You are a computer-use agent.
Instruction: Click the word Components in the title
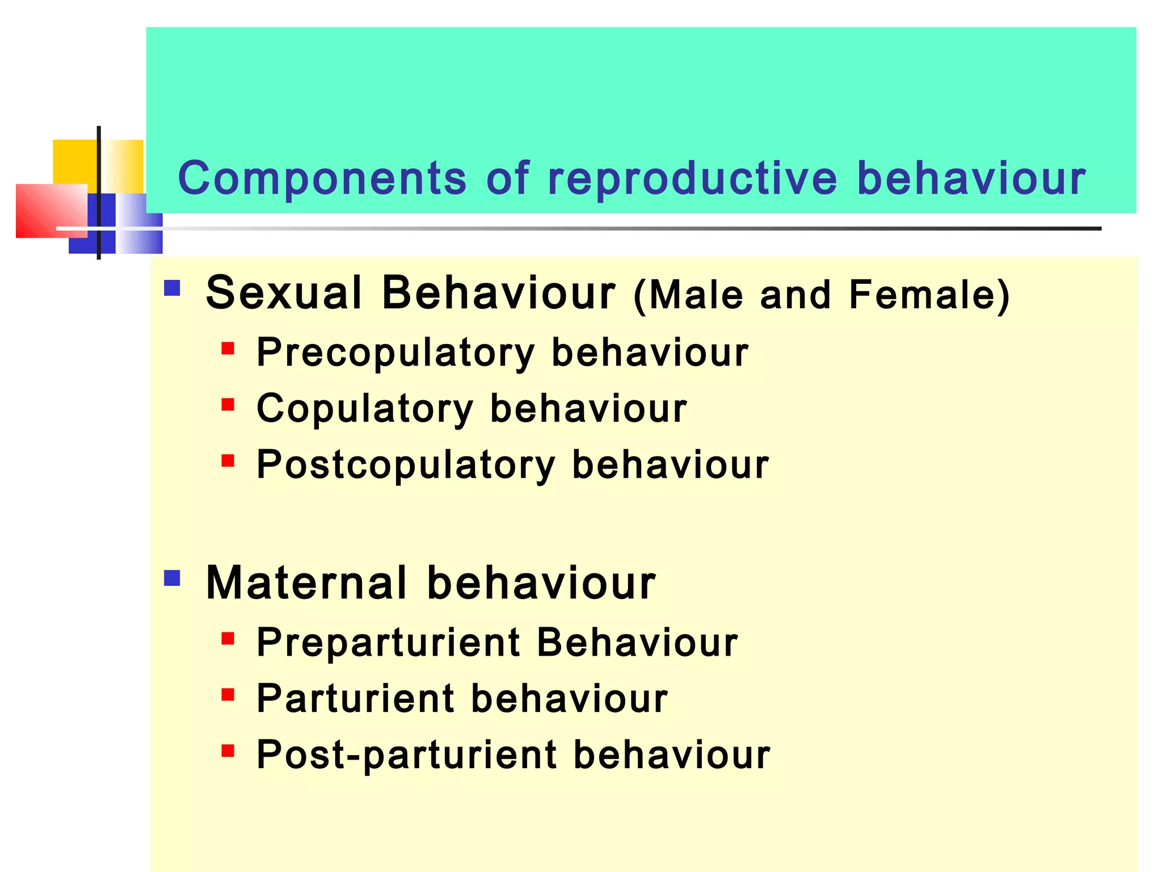click(322, 179)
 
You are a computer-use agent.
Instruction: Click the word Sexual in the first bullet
click(284, 293)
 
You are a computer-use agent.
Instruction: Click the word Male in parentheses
click(696, 295)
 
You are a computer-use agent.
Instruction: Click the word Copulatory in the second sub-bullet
click(365, 409)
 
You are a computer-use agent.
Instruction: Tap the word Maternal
click(306, 583)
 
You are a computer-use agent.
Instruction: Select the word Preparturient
click(389, 643)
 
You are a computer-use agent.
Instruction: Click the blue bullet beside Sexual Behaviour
click(172, 288)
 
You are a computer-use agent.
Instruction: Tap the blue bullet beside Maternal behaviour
click(172, 578)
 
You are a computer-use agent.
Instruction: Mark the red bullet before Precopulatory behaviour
click(228, 348)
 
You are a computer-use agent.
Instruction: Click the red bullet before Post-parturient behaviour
click(228, 751)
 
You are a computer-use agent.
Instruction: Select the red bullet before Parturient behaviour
click(228, 694)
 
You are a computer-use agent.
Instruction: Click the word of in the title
click(508, 179)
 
